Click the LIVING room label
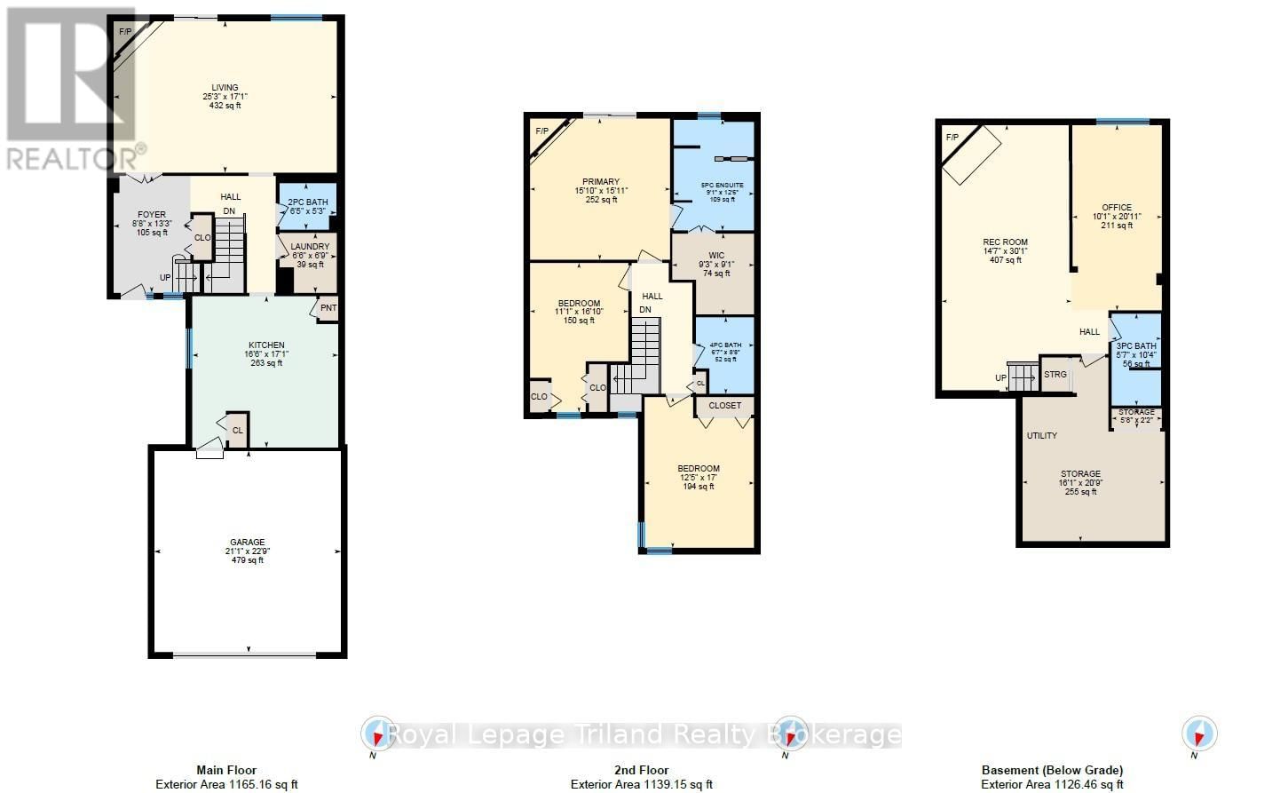click(x=225, y=88)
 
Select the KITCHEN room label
click(x=266, y=345)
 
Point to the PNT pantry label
click(x=328, y=308)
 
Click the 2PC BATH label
click(x=308, y=202)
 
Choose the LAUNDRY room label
click(x=310, y=246)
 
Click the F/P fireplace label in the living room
click(x=124, y=31)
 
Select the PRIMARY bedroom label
click(x=601, y=182)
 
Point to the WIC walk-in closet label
click(x=716, y=255)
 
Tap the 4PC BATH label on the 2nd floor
click(x=725, y=345)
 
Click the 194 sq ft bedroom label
click(x=699, y=469)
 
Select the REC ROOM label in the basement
click(x=1005, y=242)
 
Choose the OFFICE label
click(x=1117, y=208)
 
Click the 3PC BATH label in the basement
click(x=1136, y=346)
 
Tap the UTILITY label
click(x=1042, y=436)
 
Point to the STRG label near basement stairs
click(x=1055, y=375)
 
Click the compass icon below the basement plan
click(x=1199, y=734)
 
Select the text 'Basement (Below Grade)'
click(x=1052, y=770)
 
